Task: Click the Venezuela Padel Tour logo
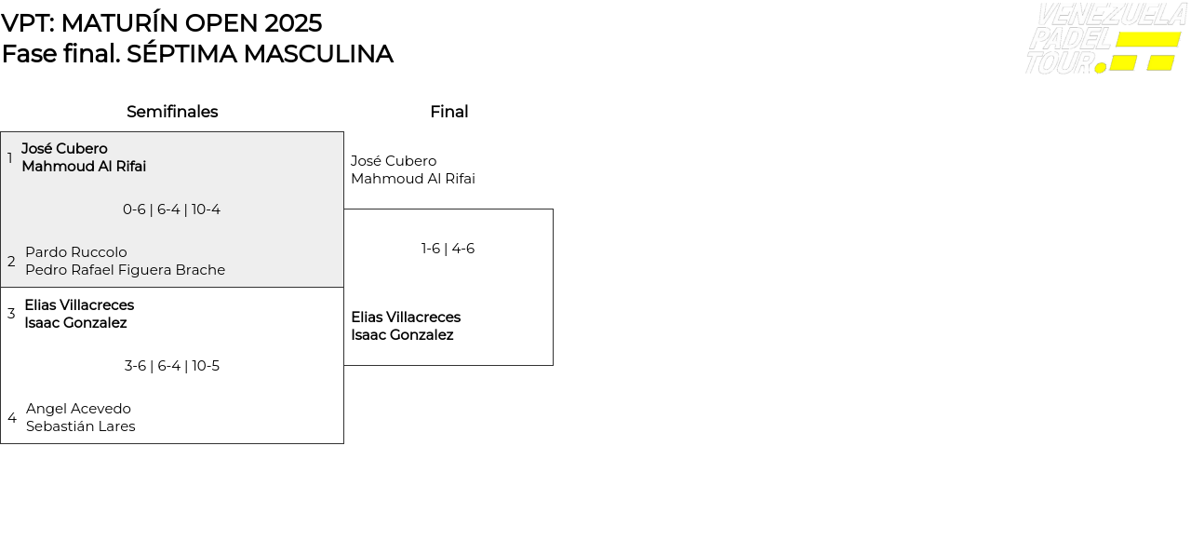coord(1104,38)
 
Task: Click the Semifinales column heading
coord(172,112)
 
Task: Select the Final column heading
coord(448,112)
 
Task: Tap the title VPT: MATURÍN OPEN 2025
coord(162,23)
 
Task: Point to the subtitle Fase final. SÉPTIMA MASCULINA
coord(197,54)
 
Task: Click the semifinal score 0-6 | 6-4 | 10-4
coord(171,209)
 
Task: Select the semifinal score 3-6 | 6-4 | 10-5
coord(172,366)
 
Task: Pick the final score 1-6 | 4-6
coord(448,249)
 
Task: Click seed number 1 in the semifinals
coord(10,158)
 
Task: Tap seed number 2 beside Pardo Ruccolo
coord(11,262)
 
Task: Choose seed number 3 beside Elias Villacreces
coord(11,314)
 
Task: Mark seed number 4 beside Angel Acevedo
coord(12,418)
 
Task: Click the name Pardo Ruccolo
coord(76,252)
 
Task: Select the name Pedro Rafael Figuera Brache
coord(126,270)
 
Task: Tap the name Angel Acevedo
coord(78,409)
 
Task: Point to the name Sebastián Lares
coord(81,426)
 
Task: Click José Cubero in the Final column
coord(394,161)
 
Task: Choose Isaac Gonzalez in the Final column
coord(402,335)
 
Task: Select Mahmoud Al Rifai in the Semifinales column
coord(84,167)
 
